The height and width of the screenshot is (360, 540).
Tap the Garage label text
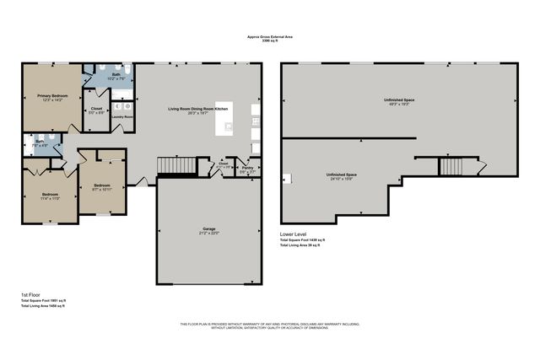click(208, 229)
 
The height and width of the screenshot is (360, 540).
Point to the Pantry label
click(247, 168)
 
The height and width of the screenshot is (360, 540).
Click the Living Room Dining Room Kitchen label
click(197, 110)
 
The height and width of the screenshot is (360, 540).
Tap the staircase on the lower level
click(451, 166)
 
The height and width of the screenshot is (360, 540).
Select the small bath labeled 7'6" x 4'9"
click(40, 142)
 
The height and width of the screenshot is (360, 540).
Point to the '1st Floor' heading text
click(29, 294)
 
